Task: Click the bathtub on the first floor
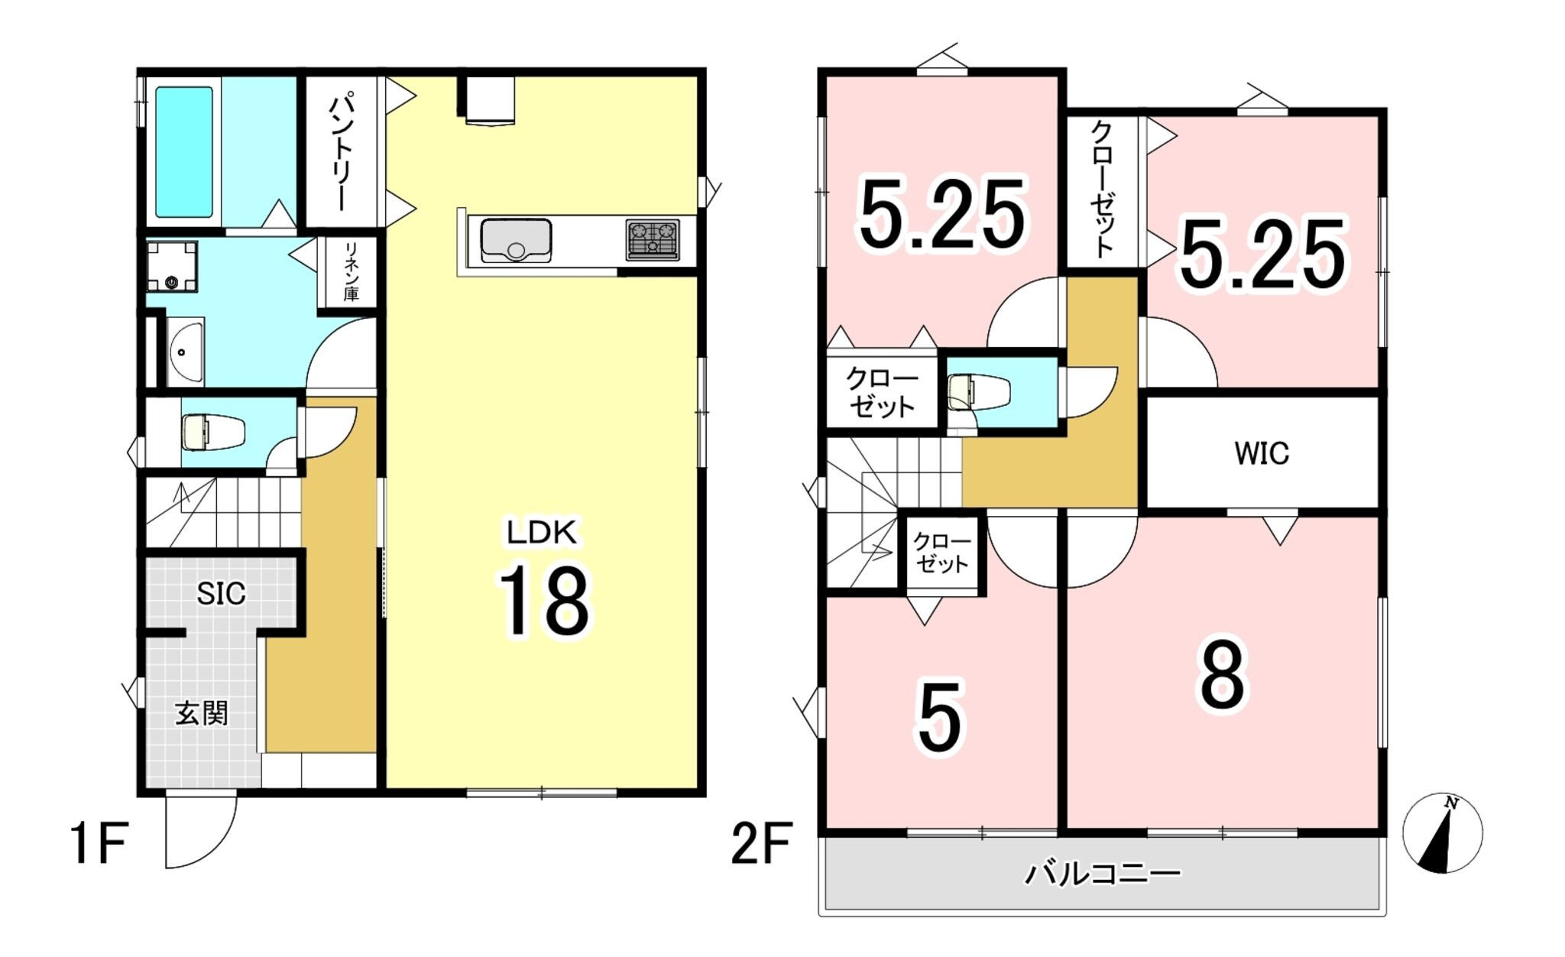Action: [x=184, y=151]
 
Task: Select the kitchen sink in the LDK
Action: [x=516, y=240]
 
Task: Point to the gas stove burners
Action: [x=653, y=239]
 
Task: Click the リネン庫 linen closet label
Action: [x=351, y=271]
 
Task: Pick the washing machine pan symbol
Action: [x=172, y=267]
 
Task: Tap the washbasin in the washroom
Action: [x=185, y=352]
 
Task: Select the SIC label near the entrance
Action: [x=221, y=593]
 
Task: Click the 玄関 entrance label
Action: [x=202, y=713]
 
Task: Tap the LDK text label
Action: [x=542, y=532]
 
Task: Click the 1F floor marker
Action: [x=99, y=843]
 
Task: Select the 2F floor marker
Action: [x=762, y=843]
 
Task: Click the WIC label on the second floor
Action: [x=1262, y=453]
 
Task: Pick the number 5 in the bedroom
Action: [x=940, y=718]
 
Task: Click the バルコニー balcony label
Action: [x=1103, y=873]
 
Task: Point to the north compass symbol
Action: [x=1443, y=832]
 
